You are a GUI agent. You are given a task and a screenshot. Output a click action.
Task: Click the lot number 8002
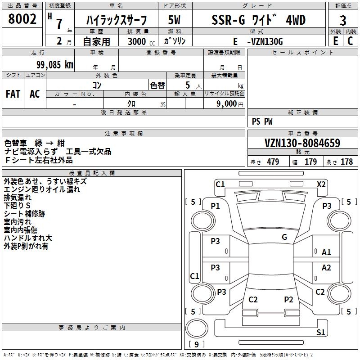(x=22, y=20)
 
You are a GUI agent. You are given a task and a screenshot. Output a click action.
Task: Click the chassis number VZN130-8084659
(x=302, y=143)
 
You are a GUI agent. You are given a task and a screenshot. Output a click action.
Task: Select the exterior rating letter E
(x=335, y=41)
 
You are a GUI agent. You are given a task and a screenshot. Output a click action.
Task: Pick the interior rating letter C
(x=350, y=41)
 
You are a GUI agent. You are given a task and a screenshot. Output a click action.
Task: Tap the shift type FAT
(x=13, y=94)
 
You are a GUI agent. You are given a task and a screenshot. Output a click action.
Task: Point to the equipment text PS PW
(x=262, y=121)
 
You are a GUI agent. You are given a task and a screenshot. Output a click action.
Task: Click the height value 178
(x=346, y=162)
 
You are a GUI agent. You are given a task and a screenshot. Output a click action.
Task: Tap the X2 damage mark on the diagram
(x=321, y=184)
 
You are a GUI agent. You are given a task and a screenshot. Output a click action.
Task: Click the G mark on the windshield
(x=284, y=237)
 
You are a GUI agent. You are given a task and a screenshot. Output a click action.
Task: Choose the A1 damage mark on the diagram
(x=326, y=252)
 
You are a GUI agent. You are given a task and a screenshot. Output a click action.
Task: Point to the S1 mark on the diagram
(x=320, y=333)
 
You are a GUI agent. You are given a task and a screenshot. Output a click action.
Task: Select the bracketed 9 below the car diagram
(x=197, y=345)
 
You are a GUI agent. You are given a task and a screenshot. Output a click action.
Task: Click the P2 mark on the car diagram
(x=288, y=299)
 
